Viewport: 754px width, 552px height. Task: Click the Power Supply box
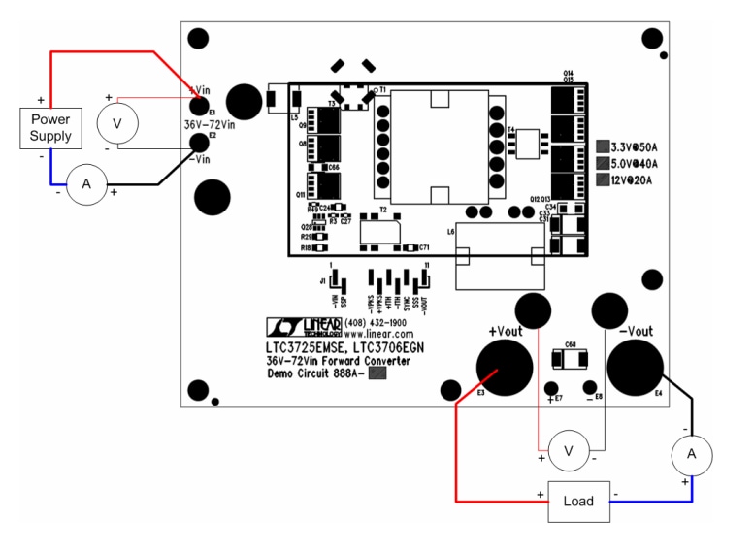coord(50,127)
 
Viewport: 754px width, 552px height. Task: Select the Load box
coord(577,501)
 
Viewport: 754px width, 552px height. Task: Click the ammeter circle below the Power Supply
coord(85,184)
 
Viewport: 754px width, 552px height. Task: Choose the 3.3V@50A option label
coord(635,146)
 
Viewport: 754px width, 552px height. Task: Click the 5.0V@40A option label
coord(635,163)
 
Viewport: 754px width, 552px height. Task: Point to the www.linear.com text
coord(377,333)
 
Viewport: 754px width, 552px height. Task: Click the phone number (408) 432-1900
coord(377,322)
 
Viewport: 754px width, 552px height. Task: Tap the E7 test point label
coord(556,398)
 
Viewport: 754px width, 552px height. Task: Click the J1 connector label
coord(322,280)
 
